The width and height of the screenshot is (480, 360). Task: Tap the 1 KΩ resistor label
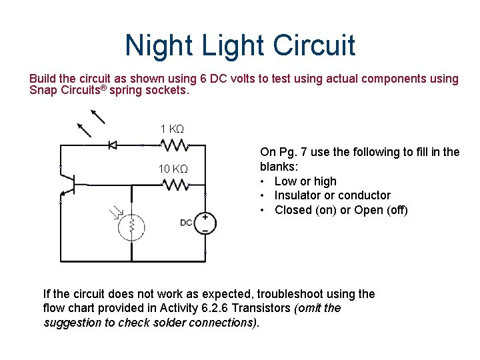coord(172,129)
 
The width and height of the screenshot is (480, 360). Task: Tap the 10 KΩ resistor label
coord(172,169)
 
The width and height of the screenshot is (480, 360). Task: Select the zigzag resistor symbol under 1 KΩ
coord(175,145)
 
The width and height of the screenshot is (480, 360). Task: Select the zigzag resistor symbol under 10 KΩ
coord(175,185)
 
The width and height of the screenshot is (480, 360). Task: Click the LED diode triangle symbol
coord(113,145)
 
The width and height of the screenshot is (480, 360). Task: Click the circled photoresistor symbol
coord(132,226)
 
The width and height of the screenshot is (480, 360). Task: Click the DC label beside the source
coord(187,222)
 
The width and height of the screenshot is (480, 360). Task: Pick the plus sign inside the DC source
coord(205,217)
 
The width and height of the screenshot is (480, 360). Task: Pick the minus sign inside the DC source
coord(205,231)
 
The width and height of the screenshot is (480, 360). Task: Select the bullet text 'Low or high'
coord(305,181)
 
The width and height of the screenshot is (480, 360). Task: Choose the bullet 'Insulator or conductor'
coord(332,195)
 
